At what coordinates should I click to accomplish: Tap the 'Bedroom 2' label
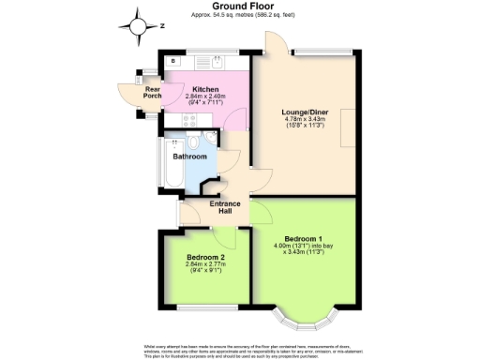pos(205,257)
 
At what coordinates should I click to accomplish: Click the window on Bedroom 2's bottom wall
pos(205,307)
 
